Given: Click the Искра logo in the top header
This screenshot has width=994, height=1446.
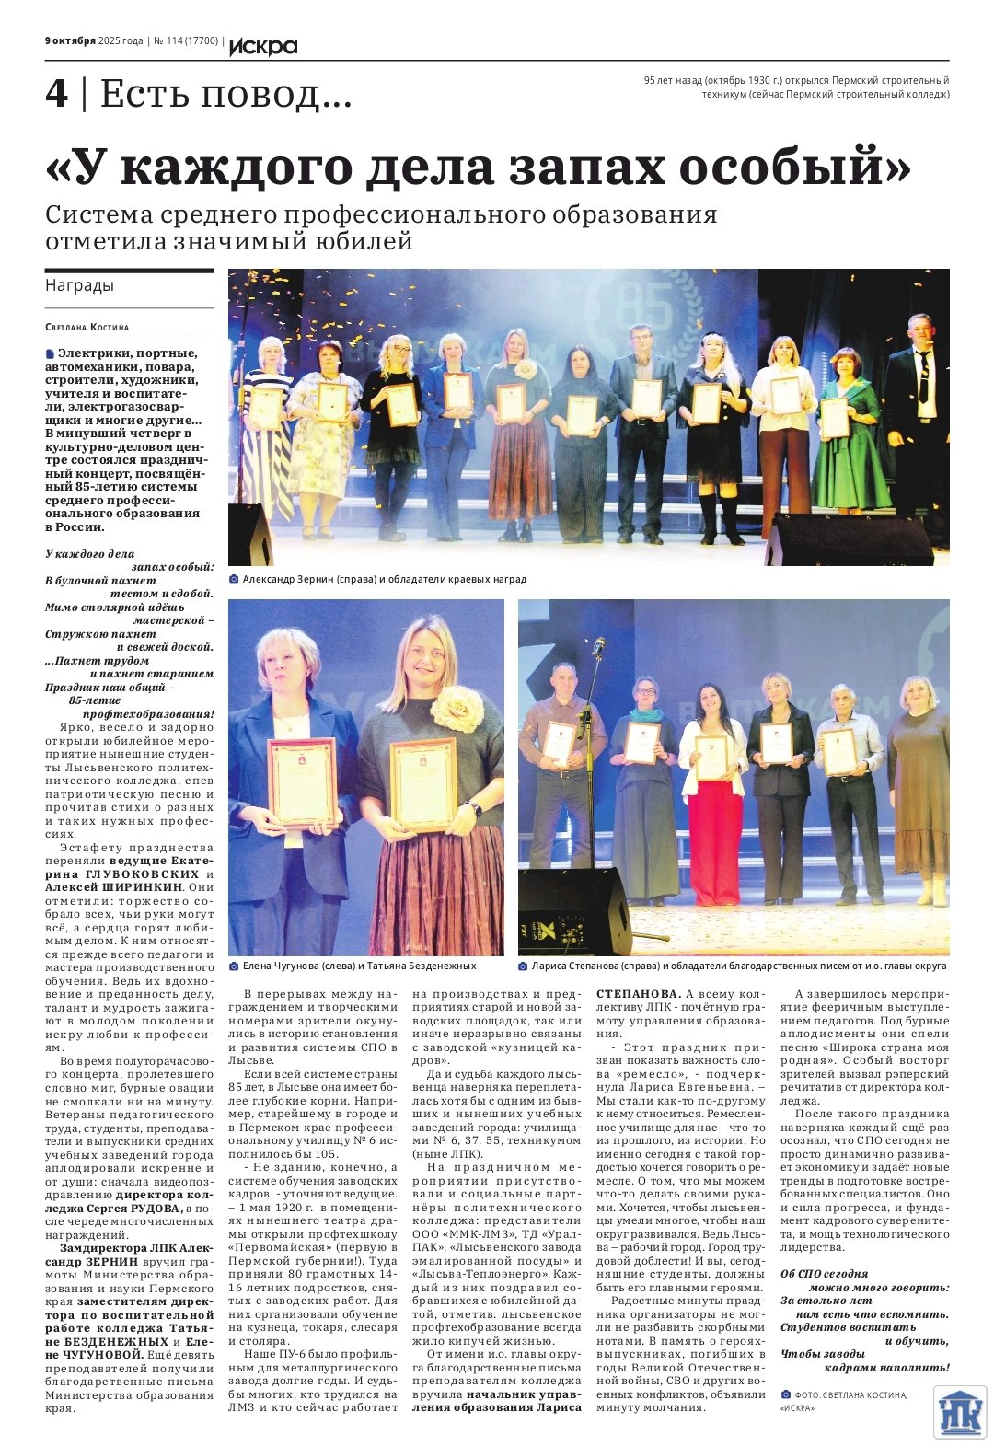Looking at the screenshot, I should tap(263, 45).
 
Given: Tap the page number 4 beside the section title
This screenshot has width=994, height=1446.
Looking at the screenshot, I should tap(56, 94).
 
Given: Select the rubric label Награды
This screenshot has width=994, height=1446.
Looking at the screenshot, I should tap(80, 285).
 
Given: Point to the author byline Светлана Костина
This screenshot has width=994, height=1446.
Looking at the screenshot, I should tap(87, 327).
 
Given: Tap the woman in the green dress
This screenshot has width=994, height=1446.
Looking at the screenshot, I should tap(849, 433).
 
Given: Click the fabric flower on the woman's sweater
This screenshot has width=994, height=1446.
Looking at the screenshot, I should tap(457, 711).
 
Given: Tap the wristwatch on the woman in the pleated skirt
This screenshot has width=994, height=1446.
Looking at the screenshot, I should tap(474, 808).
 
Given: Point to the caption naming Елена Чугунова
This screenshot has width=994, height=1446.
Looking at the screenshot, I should tap(359, 966).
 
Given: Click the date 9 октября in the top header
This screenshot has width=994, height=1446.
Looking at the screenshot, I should tap(70, 40).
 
